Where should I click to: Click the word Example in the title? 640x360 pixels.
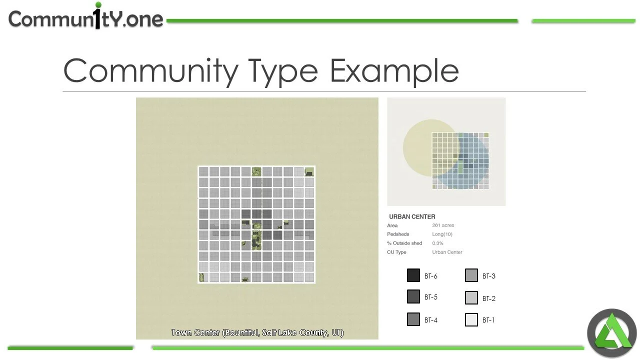pyautogui.click(x=394, y=70)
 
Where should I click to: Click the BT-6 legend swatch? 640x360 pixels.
pyautogui.click(x=413, y=275)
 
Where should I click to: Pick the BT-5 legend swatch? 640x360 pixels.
pyautogui.click(x=413, y=296)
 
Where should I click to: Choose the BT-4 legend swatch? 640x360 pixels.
pyautogui.click(x=413, y=319)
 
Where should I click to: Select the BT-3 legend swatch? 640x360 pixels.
pyautogui.click(x=471, y=275)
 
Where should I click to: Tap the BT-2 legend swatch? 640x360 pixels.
pyautogui.click(x=471, y=298)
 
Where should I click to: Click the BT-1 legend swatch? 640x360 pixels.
pyautogui.click(x=471, y=319)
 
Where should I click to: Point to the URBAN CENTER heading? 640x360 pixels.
pyautogui.click(x=412, y=216)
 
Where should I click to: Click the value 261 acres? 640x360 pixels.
pyautogui.click(x=443, y=225)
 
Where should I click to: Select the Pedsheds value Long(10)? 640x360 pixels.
pyautogui.click(x=442, y=234)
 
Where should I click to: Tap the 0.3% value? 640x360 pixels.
pyautogui.click(x=437, y=243)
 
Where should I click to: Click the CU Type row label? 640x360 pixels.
pyautogui.click(x=396, y=252)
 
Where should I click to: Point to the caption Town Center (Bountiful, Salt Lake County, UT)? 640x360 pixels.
pyautogui.click(x=257, y=332)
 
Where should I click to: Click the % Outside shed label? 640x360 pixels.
pyautogui.click(x=404, y=243)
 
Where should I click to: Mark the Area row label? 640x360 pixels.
pyautogui.click(x=392, y=225)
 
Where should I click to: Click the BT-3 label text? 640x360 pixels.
pyautogui.click(x=489, y=276)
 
